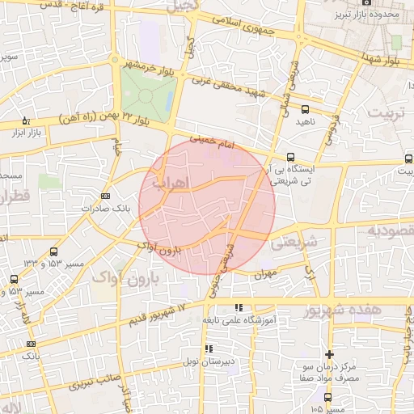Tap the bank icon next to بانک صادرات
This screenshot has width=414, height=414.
pos(105,196)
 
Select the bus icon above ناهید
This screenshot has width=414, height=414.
pos(305,109)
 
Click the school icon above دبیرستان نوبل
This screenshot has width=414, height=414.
pos(209,349)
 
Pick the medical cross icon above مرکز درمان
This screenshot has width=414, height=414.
pos(329,354)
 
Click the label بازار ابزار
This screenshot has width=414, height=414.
pos(23,132)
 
